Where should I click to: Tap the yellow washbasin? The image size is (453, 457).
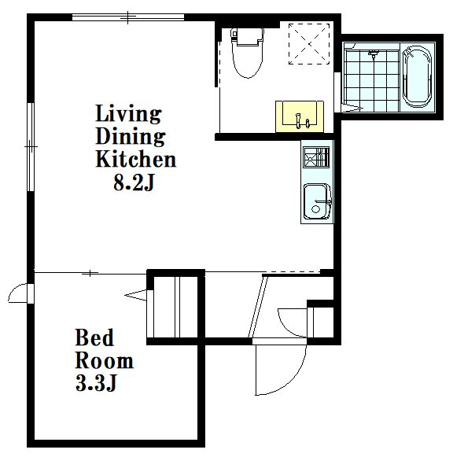click(300, 116)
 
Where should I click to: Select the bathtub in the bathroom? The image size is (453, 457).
click(417, 77)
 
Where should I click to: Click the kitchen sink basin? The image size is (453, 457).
click(317, 201)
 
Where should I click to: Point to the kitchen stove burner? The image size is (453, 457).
click(316, 157)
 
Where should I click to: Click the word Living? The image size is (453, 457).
click(128, 113)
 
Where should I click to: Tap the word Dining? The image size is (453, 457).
click(131, 136)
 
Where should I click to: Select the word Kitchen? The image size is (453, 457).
click(136, 159)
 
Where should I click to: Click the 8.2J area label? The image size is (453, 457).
click(134, 183)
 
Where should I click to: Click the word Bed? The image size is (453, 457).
click(94, 337)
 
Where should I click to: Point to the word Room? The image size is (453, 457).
click(105, 360)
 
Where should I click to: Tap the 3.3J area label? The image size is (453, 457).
click(96, 383)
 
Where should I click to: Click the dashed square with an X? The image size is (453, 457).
click(309, 44)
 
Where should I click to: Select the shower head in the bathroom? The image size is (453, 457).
click(373, 54)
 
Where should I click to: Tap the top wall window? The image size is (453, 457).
click(128, 17)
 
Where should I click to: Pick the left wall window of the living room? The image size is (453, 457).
click(31, 147)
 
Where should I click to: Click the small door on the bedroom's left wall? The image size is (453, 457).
click(21, 293)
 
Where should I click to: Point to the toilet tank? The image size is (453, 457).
click(248, 36)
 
